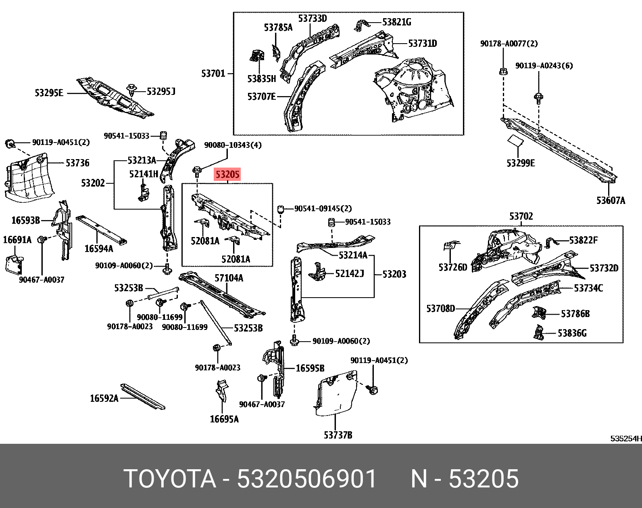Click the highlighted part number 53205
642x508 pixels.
pyautogui.click(x=227, y=174)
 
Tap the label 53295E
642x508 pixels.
pyautogui.click(x=49, y=93)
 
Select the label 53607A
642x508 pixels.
pyautogui.click(x=611, y=200)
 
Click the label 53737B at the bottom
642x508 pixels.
pyautogui.click(x=338, y=435)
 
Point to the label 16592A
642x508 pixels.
pyautogui.click(x=104, y=399)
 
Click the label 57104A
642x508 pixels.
pyautogui.click(x=229, y=278)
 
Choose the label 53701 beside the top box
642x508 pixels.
pyautogui.click(x=213, y=73)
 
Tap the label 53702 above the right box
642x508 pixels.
pyautogui.click(x=521, y=216)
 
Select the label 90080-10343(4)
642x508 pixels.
pyautogui.click(x=233, y=145)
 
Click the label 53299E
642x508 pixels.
pyautogui.click(x=520, y=163)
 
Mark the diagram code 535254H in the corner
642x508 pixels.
pyautogui.click(x=625, y=439)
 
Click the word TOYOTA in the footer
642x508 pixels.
pyautogui.click(x=170, y=479)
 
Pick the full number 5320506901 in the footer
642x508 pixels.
pyautogui.click(x=307, y=479)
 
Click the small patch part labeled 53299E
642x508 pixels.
pyautogui.click(x=515, y=140)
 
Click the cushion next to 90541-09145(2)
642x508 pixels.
pyautogui.click(x=281, y=209)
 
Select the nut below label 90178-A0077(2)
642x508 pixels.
pyautogui.click(x=503, y=72)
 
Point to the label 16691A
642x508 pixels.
pyautogui.click(x=17, y=240)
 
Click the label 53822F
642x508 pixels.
pyautogui.click(x=583, y=240)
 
